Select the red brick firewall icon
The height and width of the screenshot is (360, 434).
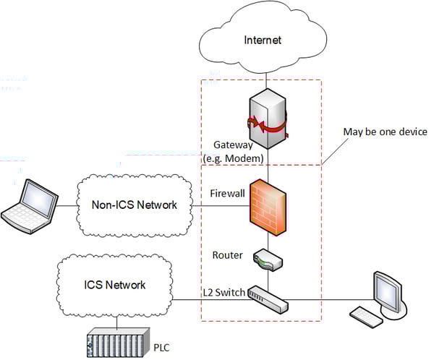coord(268,205)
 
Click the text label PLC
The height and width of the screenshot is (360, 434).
coord(162,347)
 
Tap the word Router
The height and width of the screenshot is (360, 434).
coord(226,254)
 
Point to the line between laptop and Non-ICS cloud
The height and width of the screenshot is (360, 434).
coord(67,206)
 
